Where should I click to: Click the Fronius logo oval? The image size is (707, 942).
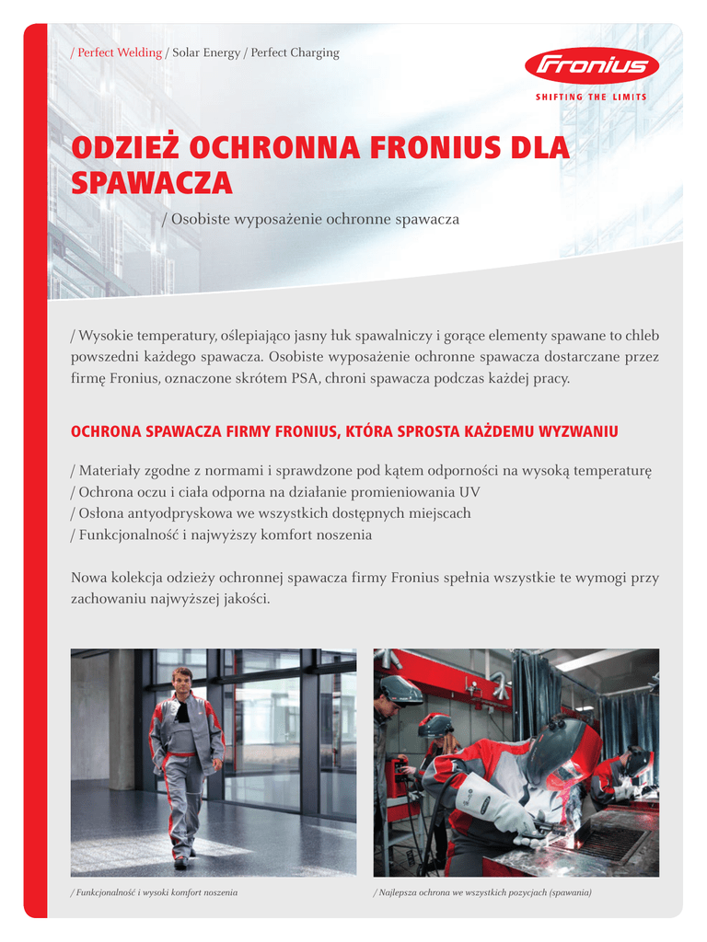592,66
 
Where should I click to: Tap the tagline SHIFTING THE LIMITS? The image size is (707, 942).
591,97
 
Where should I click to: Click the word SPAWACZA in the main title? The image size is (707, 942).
152,183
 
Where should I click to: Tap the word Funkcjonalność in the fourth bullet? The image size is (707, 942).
125,534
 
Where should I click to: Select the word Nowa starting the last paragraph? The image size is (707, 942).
89,578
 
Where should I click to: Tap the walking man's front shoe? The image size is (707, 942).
180,863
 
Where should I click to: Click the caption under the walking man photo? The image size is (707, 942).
155,893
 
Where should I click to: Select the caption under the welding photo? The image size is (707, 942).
481,893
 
